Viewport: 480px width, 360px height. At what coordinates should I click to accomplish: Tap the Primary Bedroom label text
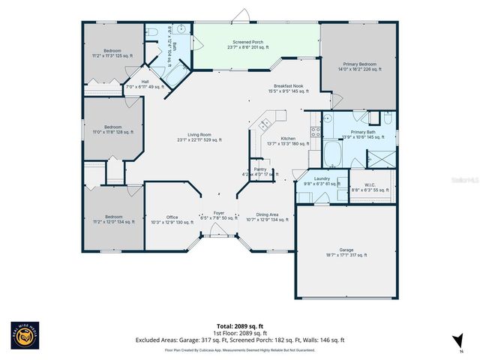tap(356, 65)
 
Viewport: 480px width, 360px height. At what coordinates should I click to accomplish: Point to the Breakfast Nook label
tap(288, 88)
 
